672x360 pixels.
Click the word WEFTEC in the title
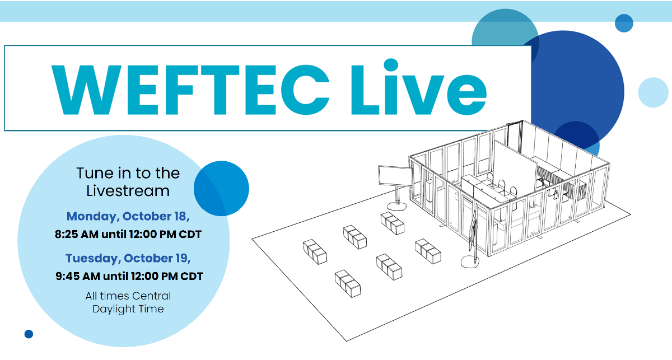point(190,90)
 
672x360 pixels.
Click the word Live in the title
point(419,87)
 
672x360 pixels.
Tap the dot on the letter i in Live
point(391,65)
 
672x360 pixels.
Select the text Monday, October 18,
point(128,216)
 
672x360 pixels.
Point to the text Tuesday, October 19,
point(128,258)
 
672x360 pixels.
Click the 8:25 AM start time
point(77,234)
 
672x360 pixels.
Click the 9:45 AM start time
point(78,277)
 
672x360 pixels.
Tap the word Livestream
point(128,191)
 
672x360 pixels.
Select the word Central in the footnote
point(151,296)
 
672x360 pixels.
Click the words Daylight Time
point(128,309)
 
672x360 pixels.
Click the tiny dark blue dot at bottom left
point(29,334)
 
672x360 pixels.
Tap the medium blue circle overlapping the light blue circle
point(221,189)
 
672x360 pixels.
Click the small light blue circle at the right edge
point(654,92)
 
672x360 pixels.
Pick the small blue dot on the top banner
point(624,23)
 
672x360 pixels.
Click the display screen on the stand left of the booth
point(395,176)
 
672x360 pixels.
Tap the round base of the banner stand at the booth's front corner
point(470,261)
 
